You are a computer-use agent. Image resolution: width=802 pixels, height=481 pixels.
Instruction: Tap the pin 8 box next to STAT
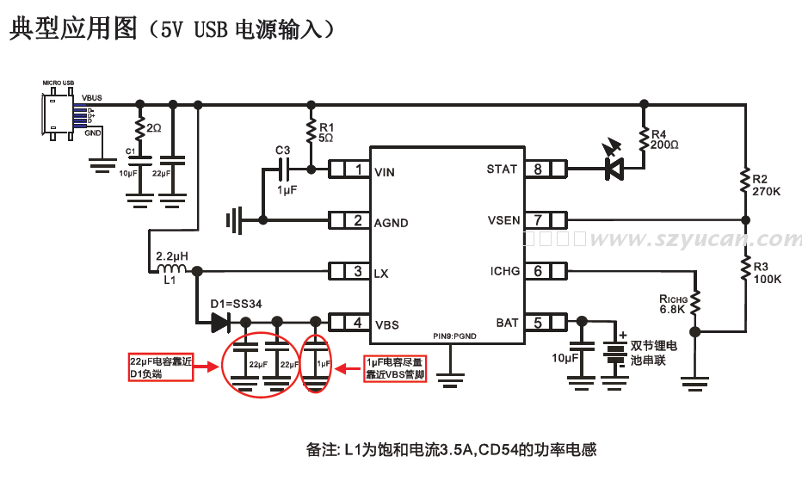pos(547,170)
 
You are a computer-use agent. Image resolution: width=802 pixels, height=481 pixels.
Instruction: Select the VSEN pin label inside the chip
pos(503,220)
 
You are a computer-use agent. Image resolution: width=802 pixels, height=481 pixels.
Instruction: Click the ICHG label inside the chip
pos(505,271)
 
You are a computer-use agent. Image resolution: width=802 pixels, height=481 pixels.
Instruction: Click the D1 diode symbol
pos(220,323)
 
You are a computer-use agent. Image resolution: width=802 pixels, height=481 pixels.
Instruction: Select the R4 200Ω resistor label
pos(664,139)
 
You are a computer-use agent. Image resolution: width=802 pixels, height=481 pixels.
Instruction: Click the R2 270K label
pos(766,185)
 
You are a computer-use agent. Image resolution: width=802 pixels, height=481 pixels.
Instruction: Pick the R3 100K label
pos(766,273)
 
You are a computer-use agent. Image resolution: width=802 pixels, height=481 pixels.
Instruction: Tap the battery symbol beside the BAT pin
pos(614,355)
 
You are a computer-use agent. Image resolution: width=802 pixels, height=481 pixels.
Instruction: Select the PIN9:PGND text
pos(453,335)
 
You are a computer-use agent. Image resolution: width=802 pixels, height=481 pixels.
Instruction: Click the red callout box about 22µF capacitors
pos(159,367)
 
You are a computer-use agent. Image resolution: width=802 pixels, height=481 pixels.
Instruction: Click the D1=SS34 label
pos(236,304)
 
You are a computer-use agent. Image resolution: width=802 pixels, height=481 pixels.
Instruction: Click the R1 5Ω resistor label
pos(326,132)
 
